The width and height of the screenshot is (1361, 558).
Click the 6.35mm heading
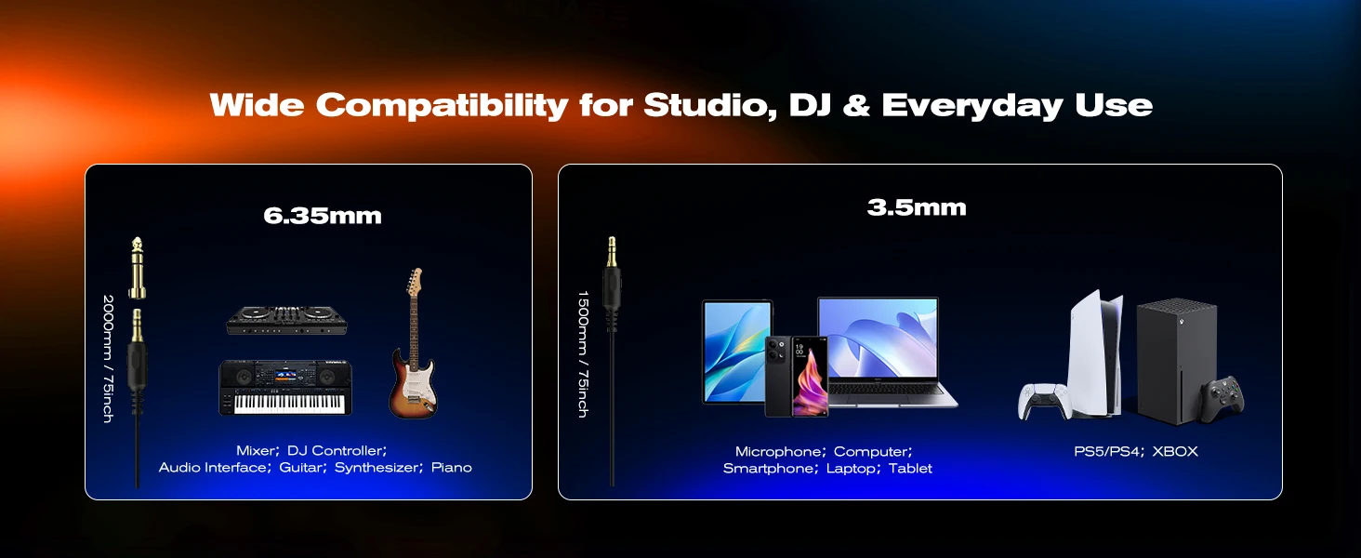coord(323,216)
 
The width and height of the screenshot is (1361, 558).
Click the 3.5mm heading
coord(917,208)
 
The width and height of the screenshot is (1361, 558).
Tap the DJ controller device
coord(286,320)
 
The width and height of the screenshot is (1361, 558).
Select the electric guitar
coord(413,343)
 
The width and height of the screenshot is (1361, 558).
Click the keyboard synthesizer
coord(285,388)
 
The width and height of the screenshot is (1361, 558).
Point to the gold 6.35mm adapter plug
coord(138,268)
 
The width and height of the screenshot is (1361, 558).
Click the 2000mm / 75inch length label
coord(108,359)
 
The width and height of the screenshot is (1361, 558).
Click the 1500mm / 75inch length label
coord(583,353)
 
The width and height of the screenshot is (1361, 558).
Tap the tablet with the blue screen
coord(736,352)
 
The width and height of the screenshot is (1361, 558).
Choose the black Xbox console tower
coord(1176,361)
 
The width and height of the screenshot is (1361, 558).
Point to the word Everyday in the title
coord(972,105)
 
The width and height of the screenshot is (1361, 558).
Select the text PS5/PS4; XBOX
coord(1136,452)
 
